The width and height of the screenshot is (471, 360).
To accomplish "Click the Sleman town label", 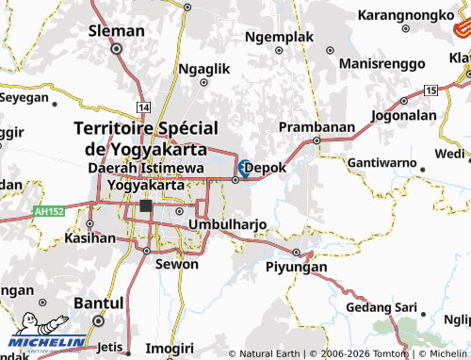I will (116, 30).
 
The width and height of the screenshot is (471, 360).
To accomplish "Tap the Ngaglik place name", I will (203, 69).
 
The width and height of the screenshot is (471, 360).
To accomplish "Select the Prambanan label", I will (317, 126).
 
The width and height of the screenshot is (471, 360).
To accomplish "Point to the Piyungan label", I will (297, 267).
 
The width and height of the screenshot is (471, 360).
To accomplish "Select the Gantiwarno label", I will (382, 163).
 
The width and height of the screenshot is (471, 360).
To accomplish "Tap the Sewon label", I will (176, 264).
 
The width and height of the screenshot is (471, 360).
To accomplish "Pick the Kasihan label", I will (89, 238).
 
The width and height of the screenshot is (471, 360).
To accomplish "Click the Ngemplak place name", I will (278, 37).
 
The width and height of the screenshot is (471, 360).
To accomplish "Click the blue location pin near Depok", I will (244, 168).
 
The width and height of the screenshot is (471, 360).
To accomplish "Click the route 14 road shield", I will (142, 109).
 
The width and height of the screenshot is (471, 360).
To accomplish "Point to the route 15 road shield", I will (430, 90).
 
